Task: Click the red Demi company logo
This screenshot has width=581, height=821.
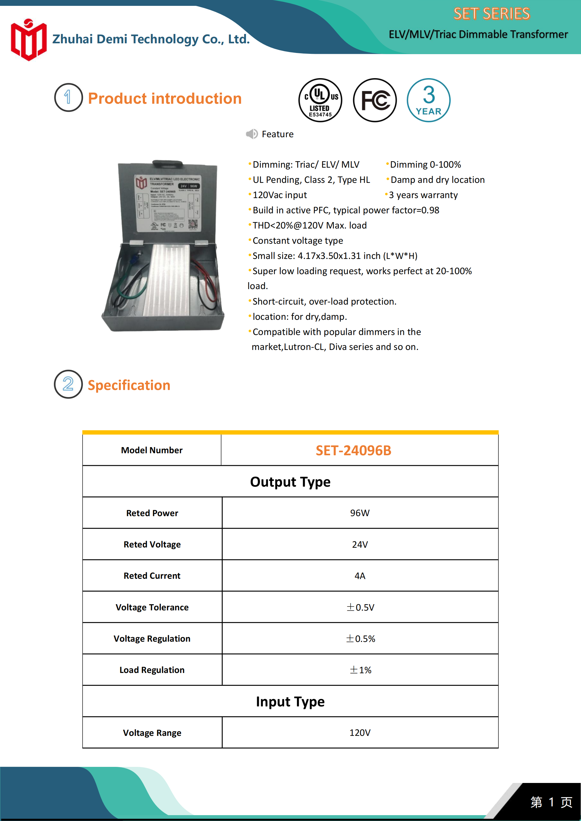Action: pyautogui.click(x=28, y=40)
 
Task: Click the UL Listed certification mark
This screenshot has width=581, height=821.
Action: pyautogui.click(x=320, y=100)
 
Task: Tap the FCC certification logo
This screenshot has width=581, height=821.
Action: pyautogui.click(x=375, y=100)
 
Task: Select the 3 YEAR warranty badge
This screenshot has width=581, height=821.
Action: pyautogui.click(x=428, y=100)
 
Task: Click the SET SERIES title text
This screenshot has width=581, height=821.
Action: pyautogui.click(x=491, y=13)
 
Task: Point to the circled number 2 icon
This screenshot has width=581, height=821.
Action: pyautogui.click(x=68, y=384)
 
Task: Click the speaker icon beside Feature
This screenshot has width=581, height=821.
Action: pyautogui.click(x=252, y=134)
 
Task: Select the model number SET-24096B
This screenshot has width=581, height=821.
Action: pyautogui.click(x=353, y=451)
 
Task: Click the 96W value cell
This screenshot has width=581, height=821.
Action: pyautogui.click(x=360, y=513)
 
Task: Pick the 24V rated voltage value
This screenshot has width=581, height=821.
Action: pyautogui.click(x=360, y=544)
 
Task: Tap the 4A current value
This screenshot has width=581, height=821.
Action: pyautogui.click(x=360, y=576)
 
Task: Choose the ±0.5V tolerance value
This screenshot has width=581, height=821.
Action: pyautogui.click(x=360, y=607)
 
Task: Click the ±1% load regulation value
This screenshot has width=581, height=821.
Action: pyautogui.click(x=360, y=670)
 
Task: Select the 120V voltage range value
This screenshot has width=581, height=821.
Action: pyautogui.click(x=360, y=733)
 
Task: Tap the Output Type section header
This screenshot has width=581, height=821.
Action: pyautogui.click(x=290, y=482)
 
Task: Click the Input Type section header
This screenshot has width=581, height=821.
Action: pyautogui.click(x=290, y=702)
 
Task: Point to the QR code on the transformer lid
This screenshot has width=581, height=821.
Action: pyautogui.click(x=193, y=224)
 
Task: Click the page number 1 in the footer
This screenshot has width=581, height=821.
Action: pyautogui.click(x=551, y=802)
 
